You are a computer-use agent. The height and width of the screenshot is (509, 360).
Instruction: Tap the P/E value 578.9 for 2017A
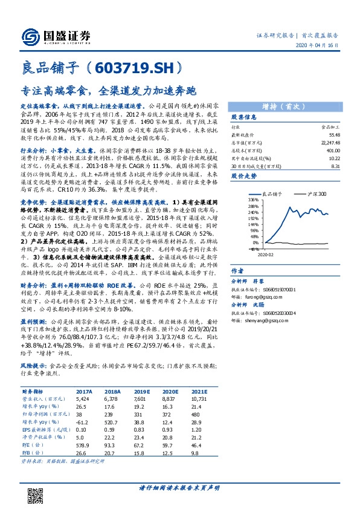click(83, 443)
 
